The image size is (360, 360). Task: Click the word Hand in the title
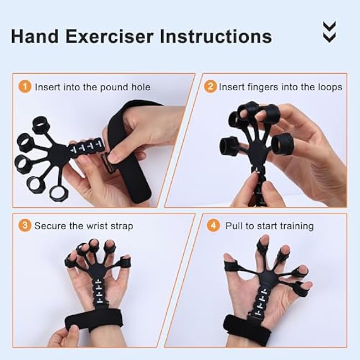tap(35, 36)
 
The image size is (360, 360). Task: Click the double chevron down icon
tap(329, 33)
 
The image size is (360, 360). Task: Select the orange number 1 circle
tap(25, 87)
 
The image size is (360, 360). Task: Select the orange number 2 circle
tap(210, 87)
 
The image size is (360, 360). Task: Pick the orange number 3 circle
tap(25, 225)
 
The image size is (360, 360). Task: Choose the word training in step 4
tap(296, 225)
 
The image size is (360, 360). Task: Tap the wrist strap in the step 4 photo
tap(255, 330)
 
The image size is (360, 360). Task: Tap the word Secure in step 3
tap(49, 225)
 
